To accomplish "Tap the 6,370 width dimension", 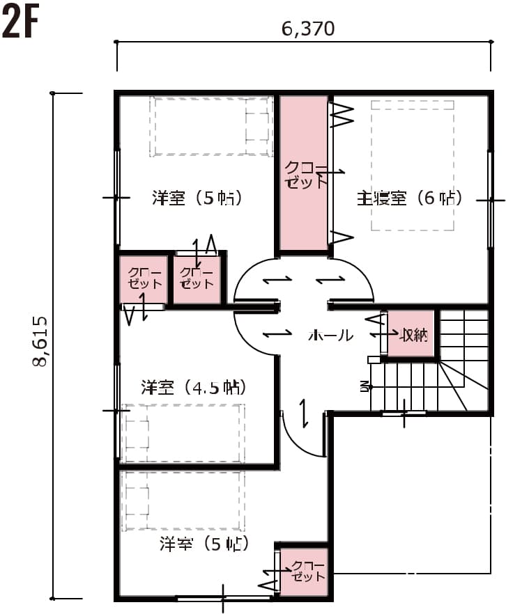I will [x=308, y=29].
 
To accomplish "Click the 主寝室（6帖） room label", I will [x=410, y=198].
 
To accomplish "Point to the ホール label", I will [x=330, y=336].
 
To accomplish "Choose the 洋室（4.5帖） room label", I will [x=193, y=386].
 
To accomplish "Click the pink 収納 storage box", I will [x=412, y=335].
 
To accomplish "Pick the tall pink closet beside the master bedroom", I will [x=304, y=173].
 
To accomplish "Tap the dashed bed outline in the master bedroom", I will [x=413, y=165].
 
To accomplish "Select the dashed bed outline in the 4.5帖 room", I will [x=183, y=433].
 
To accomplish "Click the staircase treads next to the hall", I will [x=404, y=386].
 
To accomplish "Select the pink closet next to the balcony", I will [x=304, y=572].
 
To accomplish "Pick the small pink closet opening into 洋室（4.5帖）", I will [x=143, y=280].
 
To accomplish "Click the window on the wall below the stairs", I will [x=404, y=414].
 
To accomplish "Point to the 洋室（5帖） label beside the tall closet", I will [x=197, y=198].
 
